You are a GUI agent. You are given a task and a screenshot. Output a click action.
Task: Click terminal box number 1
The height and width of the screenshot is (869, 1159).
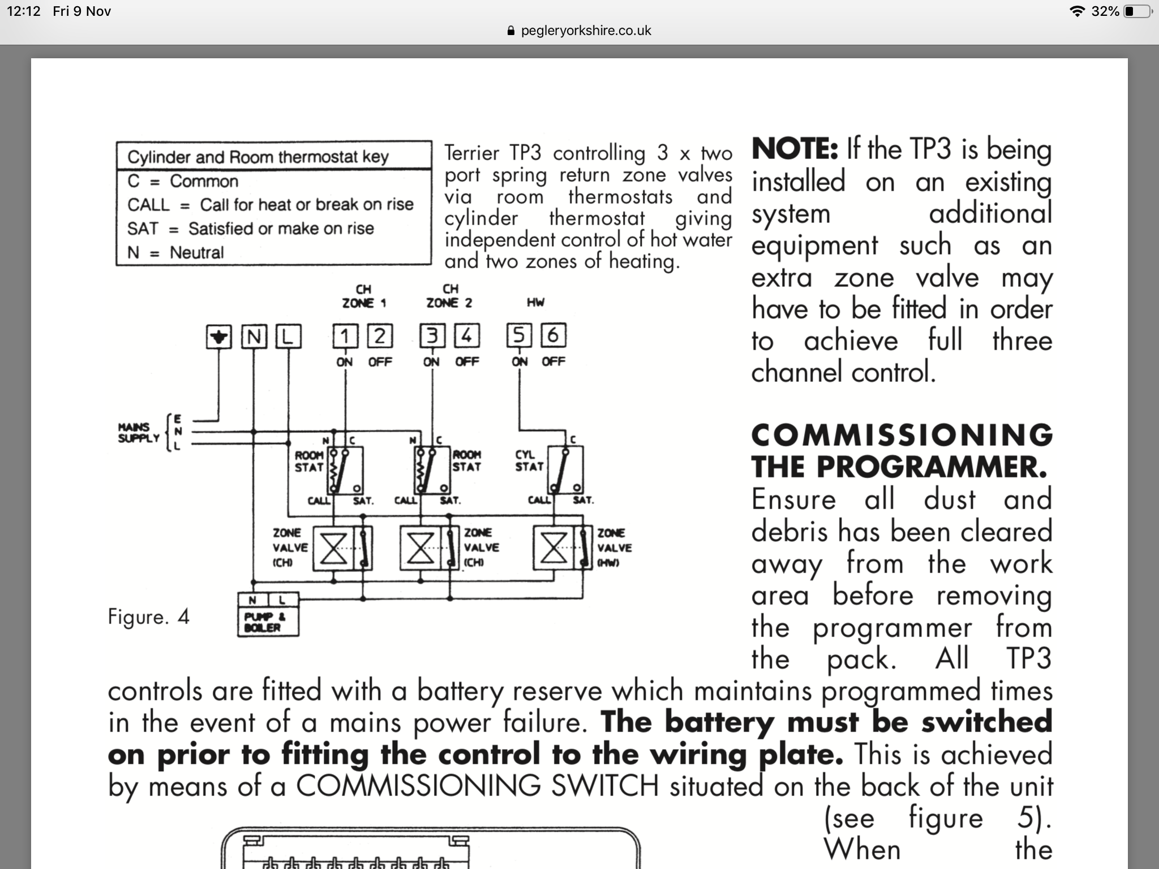345,336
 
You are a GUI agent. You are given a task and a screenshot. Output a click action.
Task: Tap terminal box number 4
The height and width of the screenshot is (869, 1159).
467,336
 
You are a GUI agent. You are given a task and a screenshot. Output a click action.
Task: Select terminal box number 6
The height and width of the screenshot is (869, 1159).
553,335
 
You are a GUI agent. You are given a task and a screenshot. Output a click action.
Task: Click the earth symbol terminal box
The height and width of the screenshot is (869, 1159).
219,337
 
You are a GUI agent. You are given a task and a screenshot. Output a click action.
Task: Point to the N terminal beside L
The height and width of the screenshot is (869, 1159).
254,337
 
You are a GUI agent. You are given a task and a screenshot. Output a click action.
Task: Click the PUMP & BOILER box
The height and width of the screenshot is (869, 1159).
268,621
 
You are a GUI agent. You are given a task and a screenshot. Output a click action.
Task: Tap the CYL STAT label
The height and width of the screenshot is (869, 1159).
529,461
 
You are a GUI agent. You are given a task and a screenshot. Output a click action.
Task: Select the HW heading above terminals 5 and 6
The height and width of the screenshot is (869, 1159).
535,302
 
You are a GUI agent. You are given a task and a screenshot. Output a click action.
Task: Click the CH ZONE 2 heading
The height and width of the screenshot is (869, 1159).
450,296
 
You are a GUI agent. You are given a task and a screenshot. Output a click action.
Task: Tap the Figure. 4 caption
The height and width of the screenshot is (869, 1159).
148,616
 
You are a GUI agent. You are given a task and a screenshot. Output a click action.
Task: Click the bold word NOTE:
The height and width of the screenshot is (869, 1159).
794,149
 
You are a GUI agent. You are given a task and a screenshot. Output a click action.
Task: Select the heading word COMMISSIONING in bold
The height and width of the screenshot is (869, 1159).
901,435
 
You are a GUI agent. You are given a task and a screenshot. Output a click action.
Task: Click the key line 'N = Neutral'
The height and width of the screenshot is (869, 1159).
175,252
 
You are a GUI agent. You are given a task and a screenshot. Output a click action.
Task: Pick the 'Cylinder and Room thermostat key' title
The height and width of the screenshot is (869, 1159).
257,157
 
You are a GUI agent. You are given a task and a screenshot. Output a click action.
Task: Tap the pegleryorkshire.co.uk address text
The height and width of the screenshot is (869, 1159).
586,31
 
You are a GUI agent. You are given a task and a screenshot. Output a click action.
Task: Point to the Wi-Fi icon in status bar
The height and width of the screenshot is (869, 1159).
1078,11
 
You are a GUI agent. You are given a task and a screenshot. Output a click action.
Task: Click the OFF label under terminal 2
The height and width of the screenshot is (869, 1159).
380,362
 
